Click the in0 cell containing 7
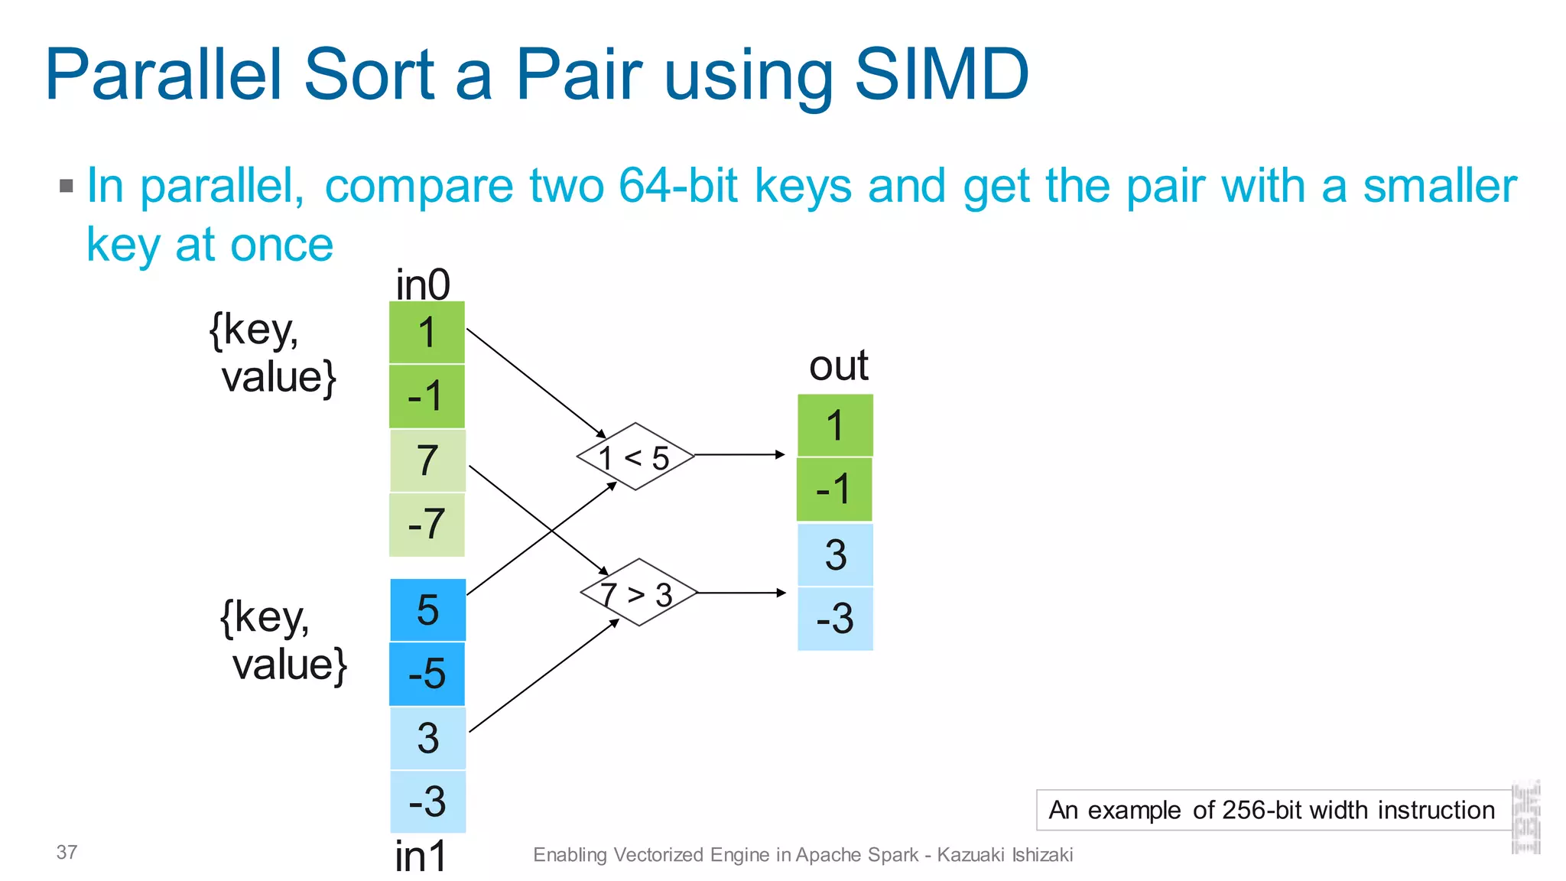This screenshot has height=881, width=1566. (427, 460)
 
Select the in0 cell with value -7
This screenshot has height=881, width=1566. (427, 525)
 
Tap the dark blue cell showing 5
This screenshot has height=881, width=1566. (427, 610)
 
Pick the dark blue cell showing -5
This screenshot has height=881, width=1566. (427, 674)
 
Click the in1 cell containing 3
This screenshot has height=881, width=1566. (427, 738)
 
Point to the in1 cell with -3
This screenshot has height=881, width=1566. (427, 801)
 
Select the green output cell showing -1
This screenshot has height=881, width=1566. (834, 489)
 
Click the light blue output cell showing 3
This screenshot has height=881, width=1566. (835, 554)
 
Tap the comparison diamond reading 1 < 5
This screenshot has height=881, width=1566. (635, 457)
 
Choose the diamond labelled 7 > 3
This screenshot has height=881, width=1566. (638, 593)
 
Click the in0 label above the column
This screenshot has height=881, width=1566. (423, 285)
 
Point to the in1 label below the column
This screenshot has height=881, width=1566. (421, 856)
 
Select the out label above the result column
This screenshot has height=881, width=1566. (838, 366)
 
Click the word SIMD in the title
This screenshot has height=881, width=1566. (941, 74)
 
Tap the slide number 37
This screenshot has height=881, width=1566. (67, 852)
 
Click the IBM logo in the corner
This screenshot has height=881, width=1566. (1525, 818)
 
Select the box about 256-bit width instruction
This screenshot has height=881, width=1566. (1272, 810)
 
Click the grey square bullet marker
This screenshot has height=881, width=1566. (67, 186)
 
